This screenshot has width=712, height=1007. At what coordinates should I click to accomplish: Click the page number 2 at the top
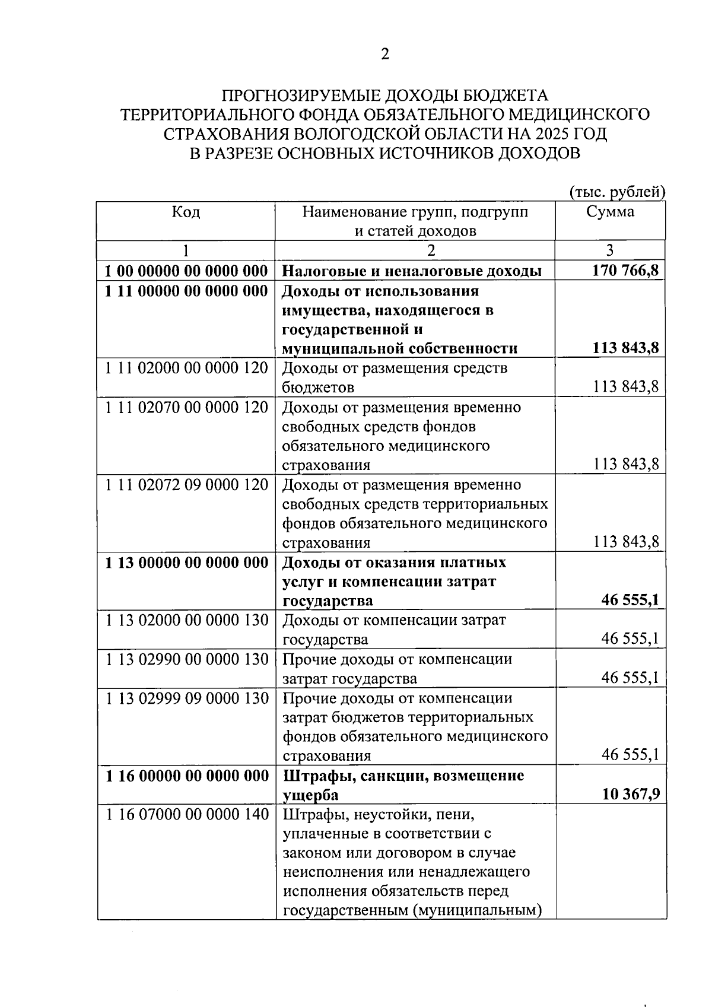coord(385,55)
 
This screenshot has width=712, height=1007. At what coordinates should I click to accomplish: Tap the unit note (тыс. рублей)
coord(617,192)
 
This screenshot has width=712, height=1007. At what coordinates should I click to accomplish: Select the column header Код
coord(186,212)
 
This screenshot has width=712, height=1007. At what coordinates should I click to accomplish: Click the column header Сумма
coord(610,212)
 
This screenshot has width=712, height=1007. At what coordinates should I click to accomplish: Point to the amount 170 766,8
coord(625,271)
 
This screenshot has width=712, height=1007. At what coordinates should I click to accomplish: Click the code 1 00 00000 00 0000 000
coord(186,271)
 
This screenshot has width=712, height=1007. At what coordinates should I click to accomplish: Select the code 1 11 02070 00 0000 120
coord(186,408)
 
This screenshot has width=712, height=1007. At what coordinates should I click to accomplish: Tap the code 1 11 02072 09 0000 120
coord(186,485)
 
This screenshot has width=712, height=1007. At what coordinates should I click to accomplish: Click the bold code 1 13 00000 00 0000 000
coord(186,563)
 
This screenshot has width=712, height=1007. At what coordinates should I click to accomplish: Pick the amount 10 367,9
coord(630,794)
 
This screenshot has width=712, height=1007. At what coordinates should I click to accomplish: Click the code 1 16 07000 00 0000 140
coord(186,814)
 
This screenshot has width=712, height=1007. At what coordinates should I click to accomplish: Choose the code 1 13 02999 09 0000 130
coord(186,698)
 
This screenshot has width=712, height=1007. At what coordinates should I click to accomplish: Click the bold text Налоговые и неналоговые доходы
coord(411,271)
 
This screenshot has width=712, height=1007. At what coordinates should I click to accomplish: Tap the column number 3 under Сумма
coord(610,250)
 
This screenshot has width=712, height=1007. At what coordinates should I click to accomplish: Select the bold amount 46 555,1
coord(630,600)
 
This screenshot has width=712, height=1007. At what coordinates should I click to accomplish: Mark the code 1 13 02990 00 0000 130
coord(186,659)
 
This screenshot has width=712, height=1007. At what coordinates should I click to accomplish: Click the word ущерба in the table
coord(310,795)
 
